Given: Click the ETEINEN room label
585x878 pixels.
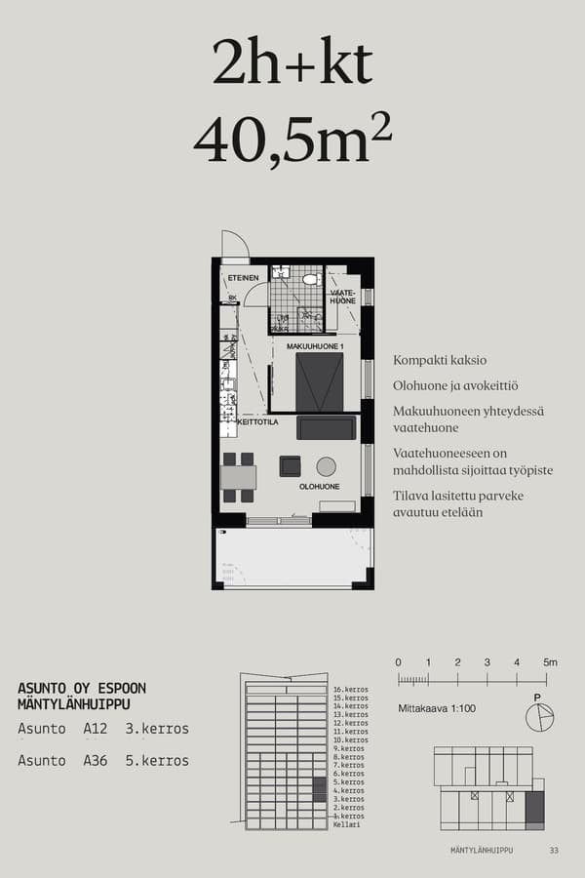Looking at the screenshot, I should (243, 279).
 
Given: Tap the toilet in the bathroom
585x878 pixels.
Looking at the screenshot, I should (310, 279).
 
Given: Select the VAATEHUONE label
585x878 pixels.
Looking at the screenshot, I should (342, 297).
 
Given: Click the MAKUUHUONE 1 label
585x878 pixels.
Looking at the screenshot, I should (316, 346).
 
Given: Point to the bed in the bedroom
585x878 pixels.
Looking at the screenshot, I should (320, 382).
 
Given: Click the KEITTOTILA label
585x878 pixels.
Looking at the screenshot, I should (258, 422).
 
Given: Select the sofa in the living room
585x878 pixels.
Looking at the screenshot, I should (327, 427).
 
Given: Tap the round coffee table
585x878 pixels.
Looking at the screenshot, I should (326, 466).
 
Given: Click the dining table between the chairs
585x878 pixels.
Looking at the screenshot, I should (239, 477).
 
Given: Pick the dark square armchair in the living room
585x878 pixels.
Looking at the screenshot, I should (291, 466).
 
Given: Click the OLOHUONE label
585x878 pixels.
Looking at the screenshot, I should (319, 486).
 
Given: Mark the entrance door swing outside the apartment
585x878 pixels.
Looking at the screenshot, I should (234, 245).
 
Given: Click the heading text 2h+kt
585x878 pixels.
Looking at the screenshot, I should (292, 65).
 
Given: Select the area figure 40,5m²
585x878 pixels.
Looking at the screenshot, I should (292, 140).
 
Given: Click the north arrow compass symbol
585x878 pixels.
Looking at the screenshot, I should (538, 717).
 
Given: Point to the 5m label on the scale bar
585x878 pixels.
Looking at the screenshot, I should (550, 662).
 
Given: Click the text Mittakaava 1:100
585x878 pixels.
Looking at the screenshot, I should (437, 708).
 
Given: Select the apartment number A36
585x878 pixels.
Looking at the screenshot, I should (96, 760).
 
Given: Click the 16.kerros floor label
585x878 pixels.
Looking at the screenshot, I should (350, 690).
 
